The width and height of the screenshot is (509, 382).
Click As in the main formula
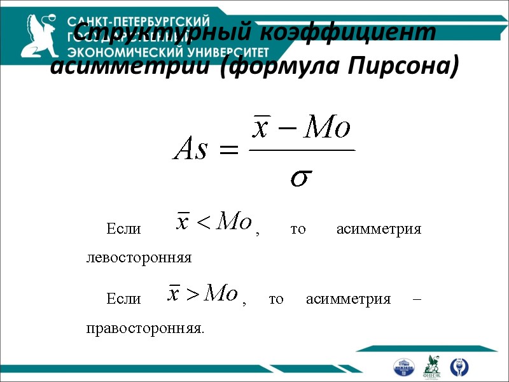[191, 150]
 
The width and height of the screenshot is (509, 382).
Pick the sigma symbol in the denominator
[301, 178]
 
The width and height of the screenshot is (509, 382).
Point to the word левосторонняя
[139, 258]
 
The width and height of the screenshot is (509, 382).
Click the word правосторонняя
[145, 329]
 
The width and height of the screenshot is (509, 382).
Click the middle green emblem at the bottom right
[432, 365]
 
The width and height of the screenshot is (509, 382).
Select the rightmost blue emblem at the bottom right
[458, 366]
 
